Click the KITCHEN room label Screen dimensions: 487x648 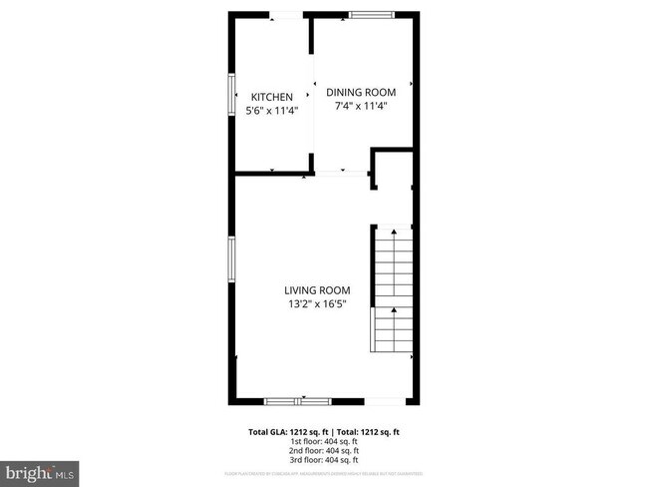pos(271,97)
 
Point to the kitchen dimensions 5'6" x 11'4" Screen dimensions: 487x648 pos(271,110)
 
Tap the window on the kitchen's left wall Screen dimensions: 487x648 pos(231,99)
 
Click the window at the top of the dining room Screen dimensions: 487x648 pos(371,15)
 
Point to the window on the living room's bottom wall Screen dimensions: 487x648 pos(298,401)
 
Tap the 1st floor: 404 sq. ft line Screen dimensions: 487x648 pos(323,441)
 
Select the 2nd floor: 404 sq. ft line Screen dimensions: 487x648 pos(323,451)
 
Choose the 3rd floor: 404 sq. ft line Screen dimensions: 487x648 pos(323,461)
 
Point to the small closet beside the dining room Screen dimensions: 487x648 pos(392,171)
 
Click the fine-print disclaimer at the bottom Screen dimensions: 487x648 pos(323,472)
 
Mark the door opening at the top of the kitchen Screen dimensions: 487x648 pos(287,15)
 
